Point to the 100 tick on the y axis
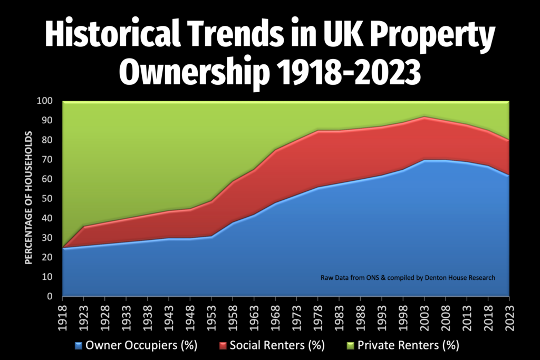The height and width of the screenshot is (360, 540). coord(46,101)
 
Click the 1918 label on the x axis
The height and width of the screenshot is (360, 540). coord(63,316)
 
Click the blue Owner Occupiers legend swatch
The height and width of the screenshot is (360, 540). coord(79,346)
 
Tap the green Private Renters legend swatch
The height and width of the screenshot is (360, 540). coord(350,346)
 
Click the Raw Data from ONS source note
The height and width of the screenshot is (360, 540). coord(359,278)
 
